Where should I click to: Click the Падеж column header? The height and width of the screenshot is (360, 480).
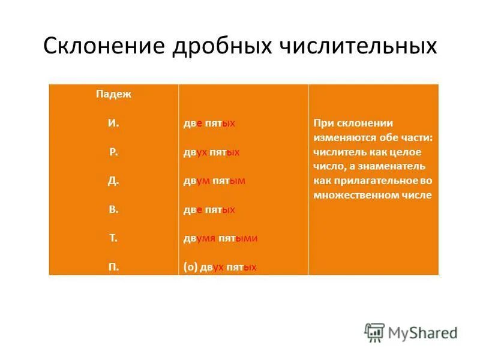point(113,94)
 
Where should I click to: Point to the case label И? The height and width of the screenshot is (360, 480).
point(113,123)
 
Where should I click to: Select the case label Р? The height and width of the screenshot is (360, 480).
point(113,152)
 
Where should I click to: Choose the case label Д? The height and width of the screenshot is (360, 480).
point(113,181)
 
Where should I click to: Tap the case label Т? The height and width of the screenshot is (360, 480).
point(113,238)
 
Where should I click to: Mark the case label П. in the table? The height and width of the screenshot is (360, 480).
point(113,267)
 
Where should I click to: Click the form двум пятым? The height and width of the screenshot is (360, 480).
point(214,181)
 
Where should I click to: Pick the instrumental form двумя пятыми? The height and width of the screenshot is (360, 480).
point(220,238)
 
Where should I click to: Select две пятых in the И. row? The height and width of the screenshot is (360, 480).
point(209,123)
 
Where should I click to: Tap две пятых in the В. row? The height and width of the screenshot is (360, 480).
point(209,209)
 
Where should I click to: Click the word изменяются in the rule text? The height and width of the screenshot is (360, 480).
point(339,137)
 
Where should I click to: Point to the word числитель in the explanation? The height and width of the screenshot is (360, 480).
point(340,152)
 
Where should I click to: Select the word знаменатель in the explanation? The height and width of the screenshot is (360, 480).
point(393,166)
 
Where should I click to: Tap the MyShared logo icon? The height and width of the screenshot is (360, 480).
point(374,332)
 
